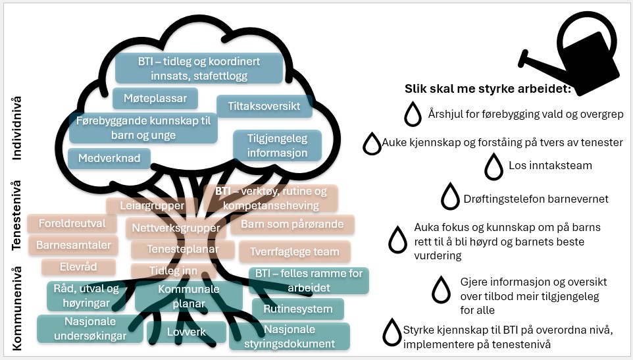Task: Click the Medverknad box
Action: point(109,158)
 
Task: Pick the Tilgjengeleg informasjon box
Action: point(278,145)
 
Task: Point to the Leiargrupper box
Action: point(152,206)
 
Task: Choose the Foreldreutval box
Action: point(72,224)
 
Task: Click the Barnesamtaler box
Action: point(73,245)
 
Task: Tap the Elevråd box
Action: point(78,267)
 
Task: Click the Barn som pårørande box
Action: point(292,224)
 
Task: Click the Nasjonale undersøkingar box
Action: point(90,328)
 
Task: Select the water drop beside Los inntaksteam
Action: point(494,167)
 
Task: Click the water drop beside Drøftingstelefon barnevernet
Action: point(450,195)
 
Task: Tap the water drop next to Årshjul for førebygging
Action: point(413,114)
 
